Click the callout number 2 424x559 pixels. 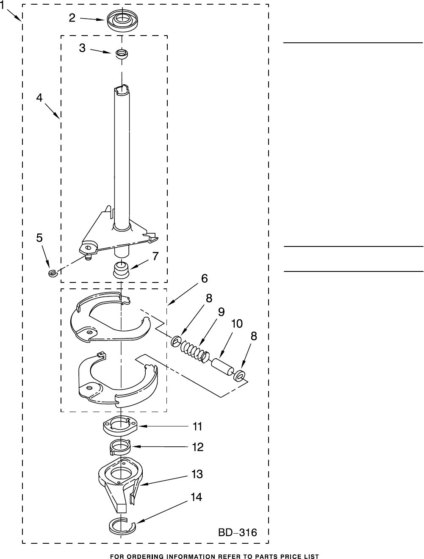coord(72,18)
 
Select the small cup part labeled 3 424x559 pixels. coord(122,54)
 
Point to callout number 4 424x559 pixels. coord(39,97)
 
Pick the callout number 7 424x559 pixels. coord(155,256)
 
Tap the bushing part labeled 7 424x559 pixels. coord(122,270)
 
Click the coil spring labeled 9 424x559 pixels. coord(195,351)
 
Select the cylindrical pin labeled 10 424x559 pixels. coord(222,367)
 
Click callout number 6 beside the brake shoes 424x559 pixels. coord(205,278)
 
